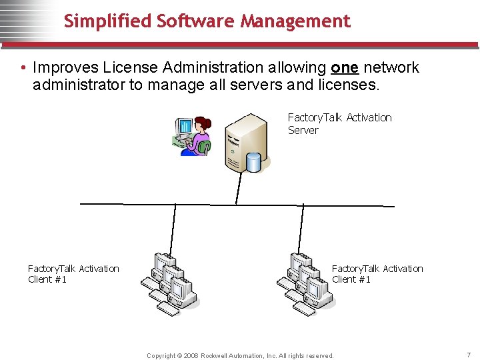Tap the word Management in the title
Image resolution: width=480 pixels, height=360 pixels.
295,22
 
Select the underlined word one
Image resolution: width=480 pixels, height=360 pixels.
345,67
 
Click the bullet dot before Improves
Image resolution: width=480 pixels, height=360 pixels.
23,68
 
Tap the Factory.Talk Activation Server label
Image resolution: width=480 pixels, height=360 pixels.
339,124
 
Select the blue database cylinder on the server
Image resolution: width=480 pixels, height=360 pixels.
254,162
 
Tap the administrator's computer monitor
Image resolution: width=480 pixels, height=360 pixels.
183,126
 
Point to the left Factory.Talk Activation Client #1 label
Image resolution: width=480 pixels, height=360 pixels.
73,274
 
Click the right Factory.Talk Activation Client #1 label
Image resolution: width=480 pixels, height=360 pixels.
377,274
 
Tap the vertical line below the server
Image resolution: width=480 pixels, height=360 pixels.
237,189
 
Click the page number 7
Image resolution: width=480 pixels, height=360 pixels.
469,355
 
